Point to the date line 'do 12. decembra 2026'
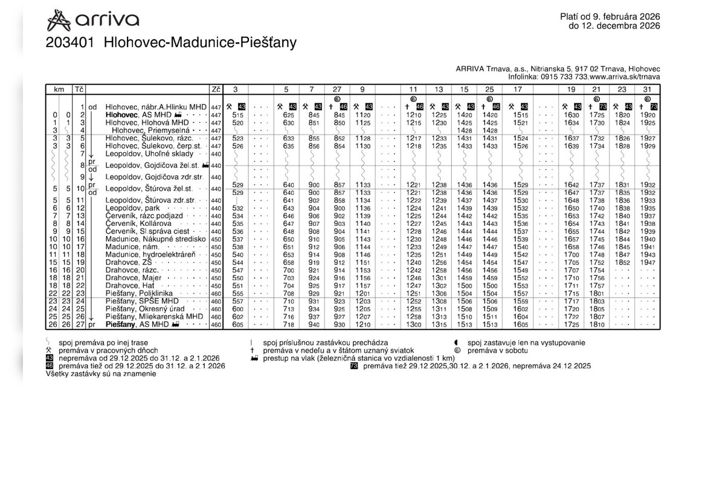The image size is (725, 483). pos(614,26)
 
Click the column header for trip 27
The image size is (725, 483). pos(338,89)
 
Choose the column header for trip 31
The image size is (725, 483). pos(647,89)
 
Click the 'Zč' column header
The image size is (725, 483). pos(216,89)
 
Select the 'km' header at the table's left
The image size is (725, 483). pos(59,89)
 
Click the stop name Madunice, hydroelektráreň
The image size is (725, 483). pos(150,255)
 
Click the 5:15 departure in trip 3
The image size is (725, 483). pos(237,115)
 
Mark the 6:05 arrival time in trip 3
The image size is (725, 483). pos(237,325)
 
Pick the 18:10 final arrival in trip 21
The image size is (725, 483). pos(596,325)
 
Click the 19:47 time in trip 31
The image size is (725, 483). pos(647,263)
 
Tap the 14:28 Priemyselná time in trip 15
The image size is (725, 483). pos(465,130)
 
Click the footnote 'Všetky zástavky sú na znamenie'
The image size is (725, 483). pos(101,374)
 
